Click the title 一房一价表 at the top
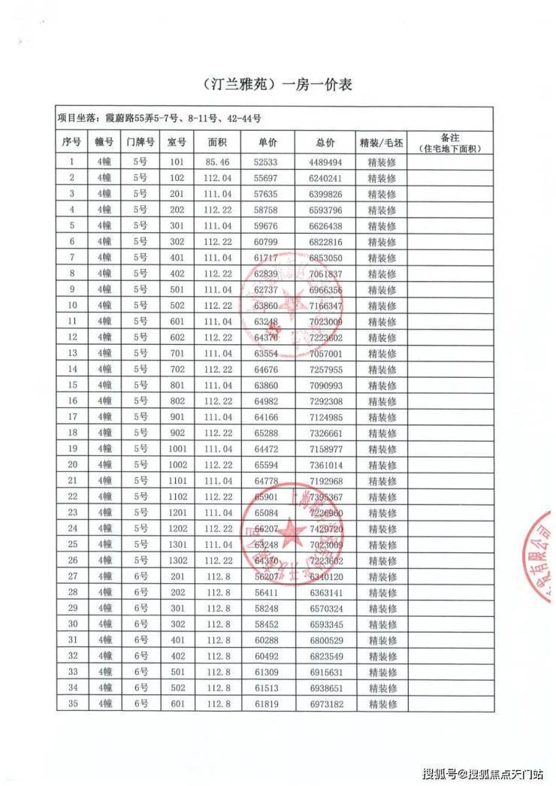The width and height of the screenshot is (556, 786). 278,85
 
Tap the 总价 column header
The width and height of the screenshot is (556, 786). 325,142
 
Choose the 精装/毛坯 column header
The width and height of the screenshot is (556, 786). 382,142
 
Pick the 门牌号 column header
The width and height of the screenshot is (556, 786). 140,142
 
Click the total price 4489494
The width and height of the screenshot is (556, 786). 325,162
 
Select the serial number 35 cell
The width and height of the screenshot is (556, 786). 72,703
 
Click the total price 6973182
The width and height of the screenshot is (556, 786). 325,703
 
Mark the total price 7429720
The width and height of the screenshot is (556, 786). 325,528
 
